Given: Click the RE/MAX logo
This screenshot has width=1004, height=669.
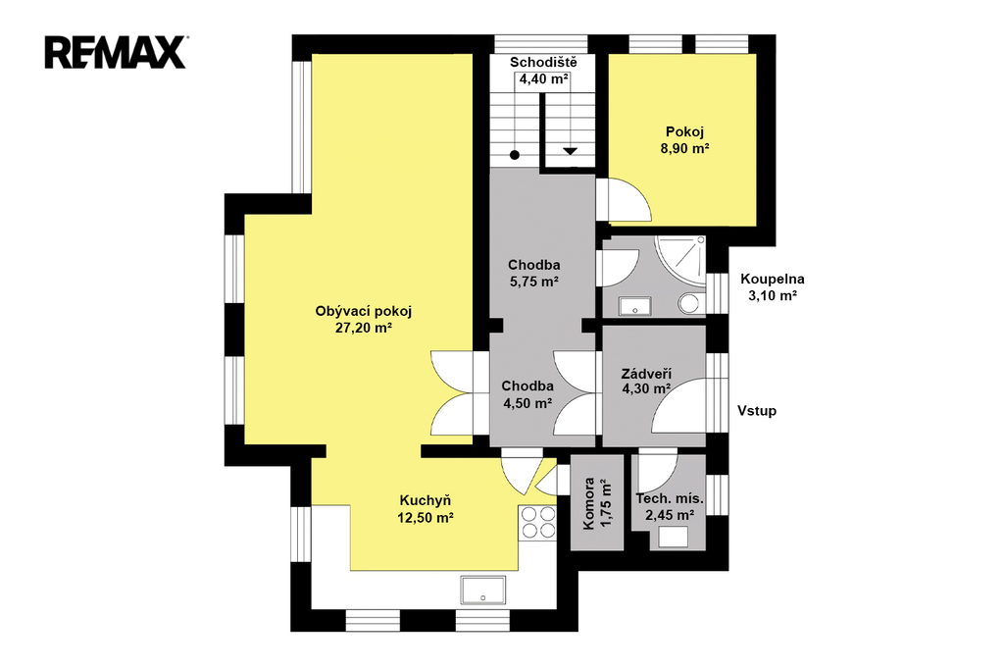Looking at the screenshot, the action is [x=116, y=53].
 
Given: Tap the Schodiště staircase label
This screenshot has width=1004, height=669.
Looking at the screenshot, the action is [x=543, y=62].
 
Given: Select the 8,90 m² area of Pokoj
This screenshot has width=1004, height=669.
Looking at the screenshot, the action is [x=684, y=149].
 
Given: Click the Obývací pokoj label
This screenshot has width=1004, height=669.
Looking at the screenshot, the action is [x=363, y=311].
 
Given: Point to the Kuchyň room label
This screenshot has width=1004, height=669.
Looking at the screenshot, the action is [x=426, y=500].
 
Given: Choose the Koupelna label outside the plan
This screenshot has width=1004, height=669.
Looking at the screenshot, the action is [x=773, y=280].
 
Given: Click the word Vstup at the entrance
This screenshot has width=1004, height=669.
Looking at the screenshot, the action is [x=757, y=411].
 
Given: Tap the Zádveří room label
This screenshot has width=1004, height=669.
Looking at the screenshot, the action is [x=646, y=374].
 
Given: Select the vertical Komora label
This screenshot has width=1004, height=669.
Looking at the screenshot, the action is [x=589, y=503].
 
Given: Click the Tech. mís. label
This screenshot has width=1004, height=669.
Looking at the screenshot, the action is [x=669, y=499].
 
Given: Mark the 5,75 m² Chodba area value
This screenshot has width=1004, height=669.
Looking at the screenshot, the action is [x=534, y=282].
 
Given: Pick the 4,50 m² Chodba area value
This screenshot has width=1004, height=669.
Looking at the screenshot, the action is [x=527, y=403].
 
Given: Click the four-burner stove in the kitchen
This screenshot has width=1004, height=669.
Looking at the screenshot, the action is [x=538, y=522].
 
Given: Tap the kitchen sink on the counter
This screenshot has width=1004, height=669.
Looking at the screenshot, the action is [x=482, y=591].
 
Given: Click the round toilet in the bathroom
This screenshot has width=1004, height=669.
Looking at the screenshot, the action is [x=691, y=303].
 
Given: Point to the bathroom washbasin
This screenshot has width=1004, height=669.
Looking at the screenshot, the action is [x=634, y=307].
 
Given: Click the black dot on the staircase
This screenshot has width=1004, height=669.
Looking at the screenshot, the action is [x=515, y=155].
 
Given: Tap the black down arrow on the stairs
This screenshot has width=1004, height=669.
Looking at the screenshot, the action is [x=570, y=152].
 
